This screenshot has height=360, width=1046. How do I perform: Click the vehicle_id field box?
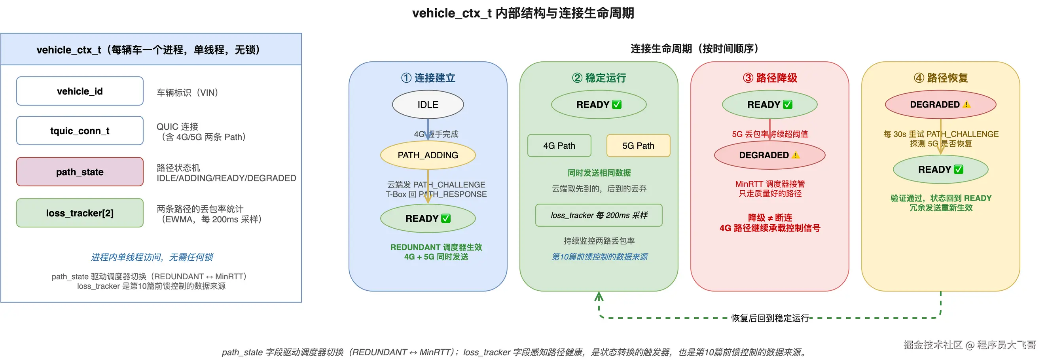pyautogui.click(x=80, y=91)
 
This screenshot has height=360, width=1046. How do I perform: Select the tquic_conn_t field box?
pyautogui.click(x=80, y=131)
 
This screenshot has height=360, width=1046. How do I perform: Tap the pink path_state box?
pyautogui.click(x=80, y=172)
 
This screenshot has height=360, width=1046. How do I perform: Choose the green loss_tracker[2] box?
pyautogui.click(x=80, y=213)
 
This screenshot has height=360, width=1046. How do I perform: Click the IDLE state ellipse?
pyautogui.click(x=428, y=105)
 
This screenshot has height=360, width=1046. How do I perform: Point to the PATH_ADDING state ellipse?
pyautogui.click(x=428, y=155)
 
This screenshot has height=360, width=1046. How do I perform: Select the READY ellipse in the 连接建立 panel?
pyautogui.click(x=428, y=218)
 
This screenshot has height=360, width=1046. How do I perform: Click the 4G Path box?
pyautogui.click(x=559, y=146)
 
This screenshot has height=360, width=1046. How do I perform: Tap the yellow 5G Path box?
pyautogui.click(x=638, y=146)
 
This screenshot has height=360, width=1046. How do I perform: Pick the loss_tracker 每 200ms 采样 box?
pyautogui.click(x=599, y=215)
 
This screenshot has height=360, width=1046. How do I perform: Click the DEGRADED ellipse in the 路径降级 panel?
pyautogui.click(x=769, y=155)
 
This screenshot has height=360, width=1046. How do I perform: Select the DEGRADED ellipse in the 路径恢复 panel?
pyautogui.click(x=940, y=105)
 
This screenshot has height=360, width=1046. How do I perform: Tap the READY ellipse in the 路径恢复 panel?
pyautogui.click(x=940, y=169)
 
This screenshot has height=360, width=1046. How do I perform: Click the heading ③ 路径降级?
pyautogui.click(x=769, y=78)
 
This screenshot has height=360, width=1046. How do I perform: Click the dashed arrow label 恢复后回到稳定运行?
pyautogui.click(x=769, y=318)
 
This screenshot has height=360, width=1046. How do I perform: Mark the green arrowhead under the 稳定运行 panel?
pyautogui.click(x=599, y=297)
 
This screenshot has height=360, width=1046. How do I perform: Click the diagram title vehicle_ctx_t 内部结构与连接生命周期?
pyautogui.click(x=523, y=13)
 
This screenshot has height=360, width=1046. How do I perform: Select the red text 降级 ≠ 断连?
pyautogui.click(x=769, y=218)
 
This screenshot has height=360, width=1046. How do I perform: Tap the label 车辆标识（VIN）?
pyautogui.click(x=187, y=93)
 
